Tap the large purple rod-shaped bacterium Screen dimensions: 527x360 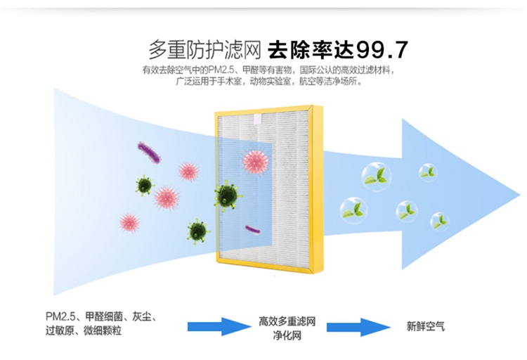click(149, 151)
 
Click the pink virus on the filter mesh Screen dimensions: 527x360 click(255, 161)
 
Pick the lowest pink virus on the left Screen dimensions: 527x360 click(129, 223)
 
